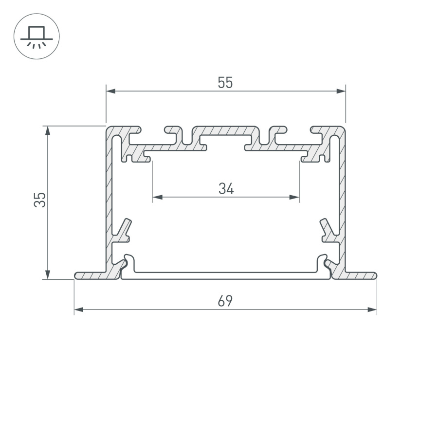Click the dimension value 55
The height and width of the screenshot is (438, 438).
pos(225,83)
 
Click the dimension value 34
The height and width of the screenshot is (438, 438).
pos(226,189)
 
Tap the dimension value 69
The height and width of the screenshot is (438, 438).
pos(225,302)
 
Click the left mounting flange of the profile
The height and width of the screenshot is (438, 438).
pos(92,276)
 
